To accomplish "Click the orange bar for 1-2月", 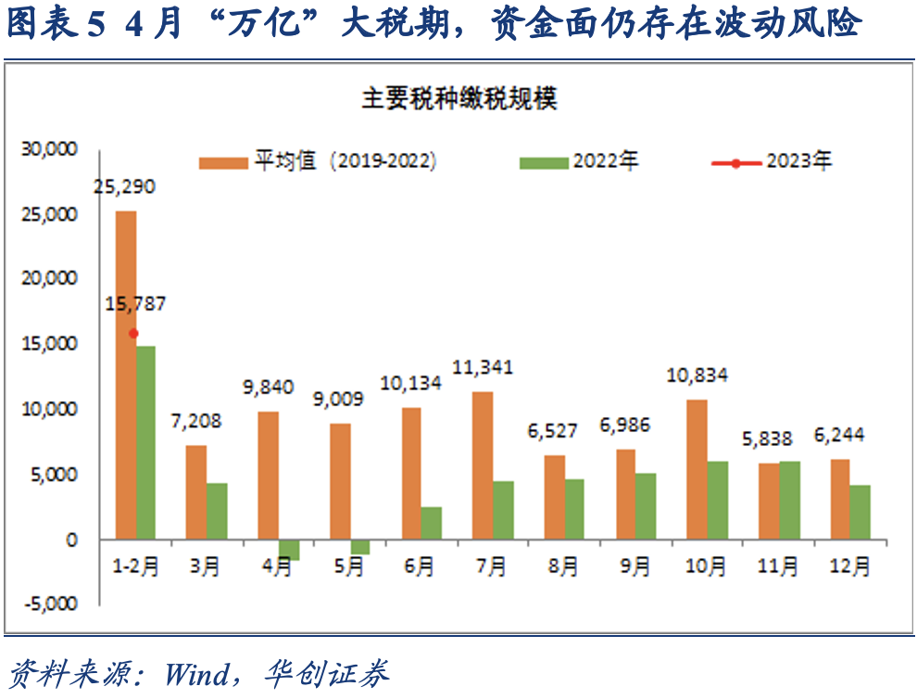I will click(x=125, y=375).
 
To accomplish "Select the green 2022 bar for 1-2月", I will click(x=145, y=442).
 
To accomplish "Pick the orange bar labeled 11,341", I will click(x=483, y=464).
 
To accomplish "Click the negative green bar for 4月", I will click(x=288, y=549).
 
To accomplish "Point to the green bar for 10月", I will click(x=718, y=500).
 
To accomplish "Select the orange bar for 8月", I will click(x=554, y=497).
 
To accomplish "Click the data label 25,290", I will click(x=125, y=186).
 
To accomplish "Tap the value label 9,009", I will click(x=339, y=400).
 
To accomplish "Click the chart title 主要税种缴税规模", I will click(x=458, y=99).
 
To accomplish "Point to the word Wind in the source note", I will click(x=195, y=673).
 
